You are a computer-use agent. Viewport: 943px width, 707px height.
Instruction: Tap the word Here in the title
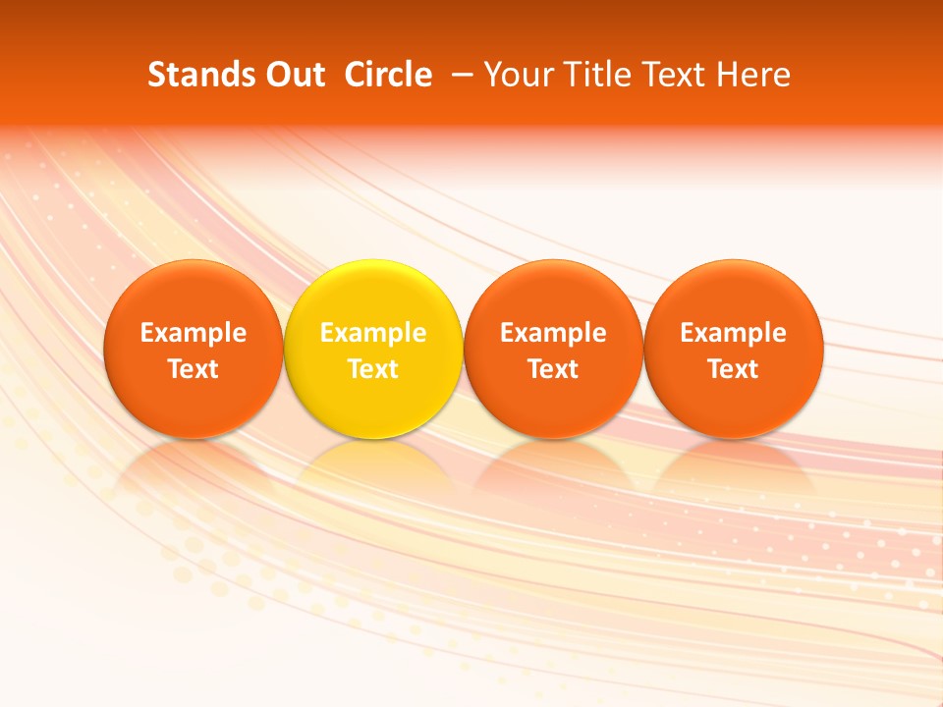754,75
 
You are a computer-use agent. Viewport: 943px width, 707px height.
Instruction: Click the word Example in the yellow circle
373,333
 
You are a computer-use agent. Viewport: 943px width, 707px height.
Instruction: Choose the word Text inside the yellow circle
373,369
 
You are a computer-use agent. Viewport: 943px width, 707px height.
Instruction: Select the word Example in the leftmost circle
194,333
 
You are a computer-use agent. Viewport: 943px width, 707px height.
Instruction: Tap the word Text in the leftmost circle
194,369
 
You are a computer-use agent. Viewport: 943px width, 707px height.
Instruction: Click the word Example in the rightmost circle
734,333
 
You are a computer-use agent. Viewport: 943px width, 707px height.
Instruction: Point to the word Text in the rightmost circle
734,369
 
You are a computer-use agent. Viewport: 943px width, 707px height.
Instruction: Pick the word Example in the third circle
553,333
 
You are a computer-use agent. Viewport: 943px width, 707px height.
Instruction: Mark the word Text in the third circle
553,369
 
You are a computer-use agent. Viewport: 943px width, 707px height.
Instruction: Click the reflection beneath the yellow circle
373,467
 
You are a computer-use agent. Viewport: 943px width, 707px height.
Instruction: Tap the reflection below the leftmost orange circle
194,467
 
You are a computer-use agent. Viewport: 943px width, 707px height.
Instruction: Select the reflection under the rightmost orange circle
734,467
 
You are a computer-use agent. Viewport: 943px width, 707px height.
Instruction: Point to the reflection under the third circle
553,467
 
